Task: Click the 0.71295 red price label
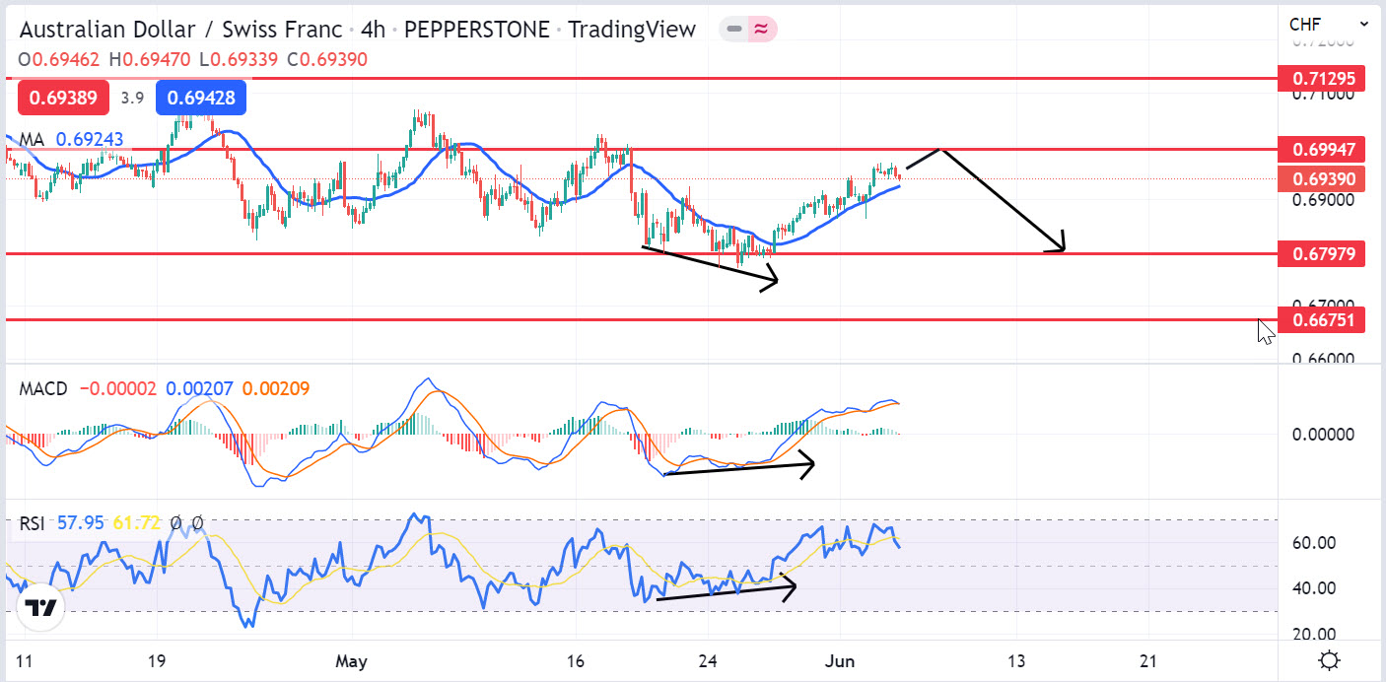pyautogui.click(x=1321, y=78)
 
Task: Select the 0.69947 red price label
pyautogui.click(x=1321, y=150)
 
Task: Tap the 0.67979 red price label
pyautogui.click(x=1321, y=254)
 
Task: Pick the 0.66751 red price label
pyautogui.click(x=1321, y=319)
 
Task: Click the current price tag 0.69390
pyautogui.click(x=1321, y=179)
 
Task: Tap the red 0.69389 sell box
pyautogui.click(x=63, y=98)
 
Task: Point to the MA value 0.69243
pyautogui.click(x=90, y=140)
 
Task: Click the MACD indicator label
pyautogui.click(x=43, y=389)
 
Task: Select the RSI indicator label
pyautogui.click(x=33, y=523)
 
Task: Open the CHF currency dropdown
pyautogui.click(x=1326, y=24)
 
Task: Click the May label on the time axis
pyautogui.click(x=351, y=661)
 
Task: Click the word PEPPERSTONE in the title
pyautogui.click(x=476, y=30)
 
